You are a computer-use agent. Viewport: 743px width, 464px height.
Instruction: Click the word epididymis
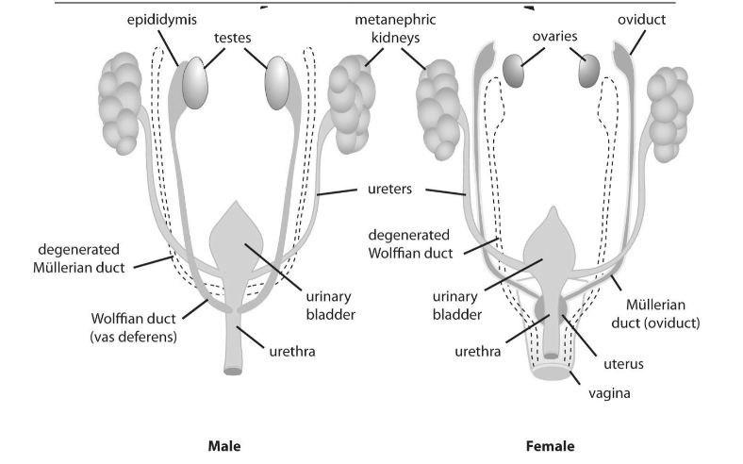pos(161,20)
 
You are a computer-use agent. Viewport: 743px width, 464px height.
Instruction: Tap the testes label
pos(232,38)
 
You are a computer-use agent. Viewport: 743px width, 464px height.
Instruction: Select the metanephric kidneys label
pos(395,28)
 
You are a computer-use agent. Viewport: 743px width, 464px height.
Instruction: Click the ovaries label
pos(554,36)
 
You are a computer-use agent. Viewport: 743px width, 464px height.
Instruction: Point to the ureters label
pos(390,190)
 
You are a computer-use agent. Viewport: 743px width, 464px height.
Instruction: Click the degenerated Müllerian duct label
pos(78,258)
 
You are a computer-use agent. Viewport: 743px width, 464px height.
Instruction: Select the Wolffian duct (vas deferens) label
pos(133,327)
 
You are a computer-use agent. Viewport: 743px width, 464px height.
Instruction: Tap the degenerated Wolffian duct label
pos(410,244)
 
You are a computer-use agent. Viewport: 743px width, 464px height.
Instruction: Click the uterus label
pos(623,364)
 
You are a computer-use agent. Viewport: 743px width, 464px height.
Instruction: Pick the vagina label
pos(609,393)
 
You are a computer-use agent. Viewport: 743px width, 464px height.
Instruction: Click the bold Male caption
pos(224,446)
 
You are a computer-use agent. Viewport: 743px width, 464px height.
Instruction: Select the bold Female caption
pos(550,446)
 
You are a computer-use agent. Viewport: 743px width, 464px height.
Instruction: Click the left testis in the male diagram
pos(195,83)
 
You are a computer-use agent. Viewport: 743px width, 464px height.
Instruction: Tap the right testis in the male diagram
pos(277,83)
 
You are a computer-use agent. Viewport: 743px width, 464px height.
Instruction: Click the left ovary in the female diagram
pos(513,71)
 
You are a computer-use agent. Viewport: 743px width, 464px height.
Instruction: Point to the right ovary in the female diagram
pos(589,71)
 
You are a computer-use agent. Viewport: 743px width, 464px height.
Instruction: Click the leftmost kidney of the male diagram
pos(120,104)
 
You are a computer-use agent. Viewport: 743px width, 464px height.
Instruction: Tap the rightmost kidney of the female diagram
pos(670,114)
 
